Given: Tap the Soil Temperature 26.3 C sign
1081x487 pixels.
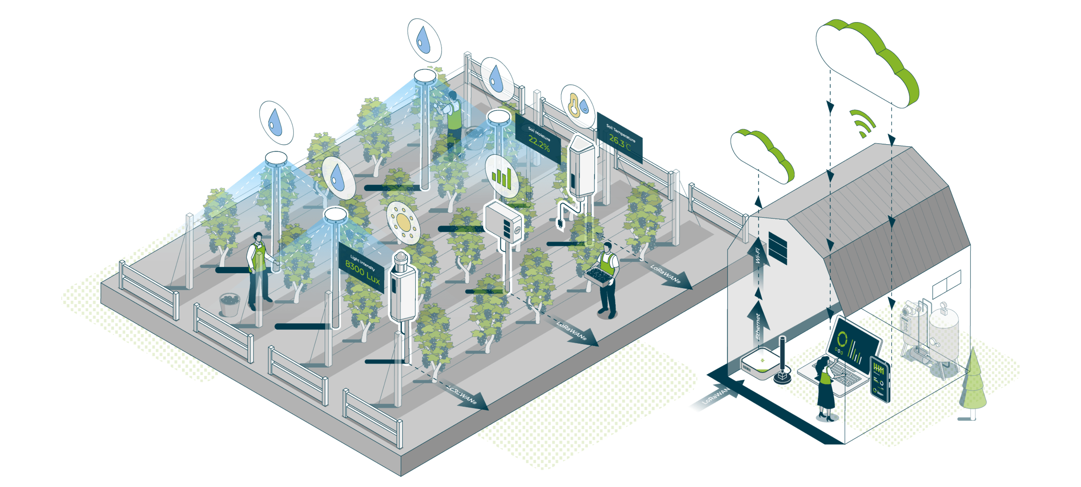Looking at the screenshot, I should [620, 137].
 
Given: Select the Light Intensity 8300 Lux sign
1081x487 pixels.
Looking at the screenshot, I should [362, 268].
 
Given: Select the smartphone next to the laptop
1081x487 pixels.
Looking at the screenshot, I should [880, 379].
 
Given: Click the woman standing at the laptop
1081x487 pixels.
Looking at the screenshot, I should [825, 388].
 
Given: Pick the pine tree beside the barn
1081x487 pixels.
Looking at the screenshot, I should [973, 383].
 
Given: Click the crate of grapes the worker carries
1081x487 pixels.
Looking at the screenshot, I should [599, 275].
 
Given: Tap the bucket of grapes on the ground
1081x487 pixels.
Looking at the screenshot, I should [229, 304].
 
